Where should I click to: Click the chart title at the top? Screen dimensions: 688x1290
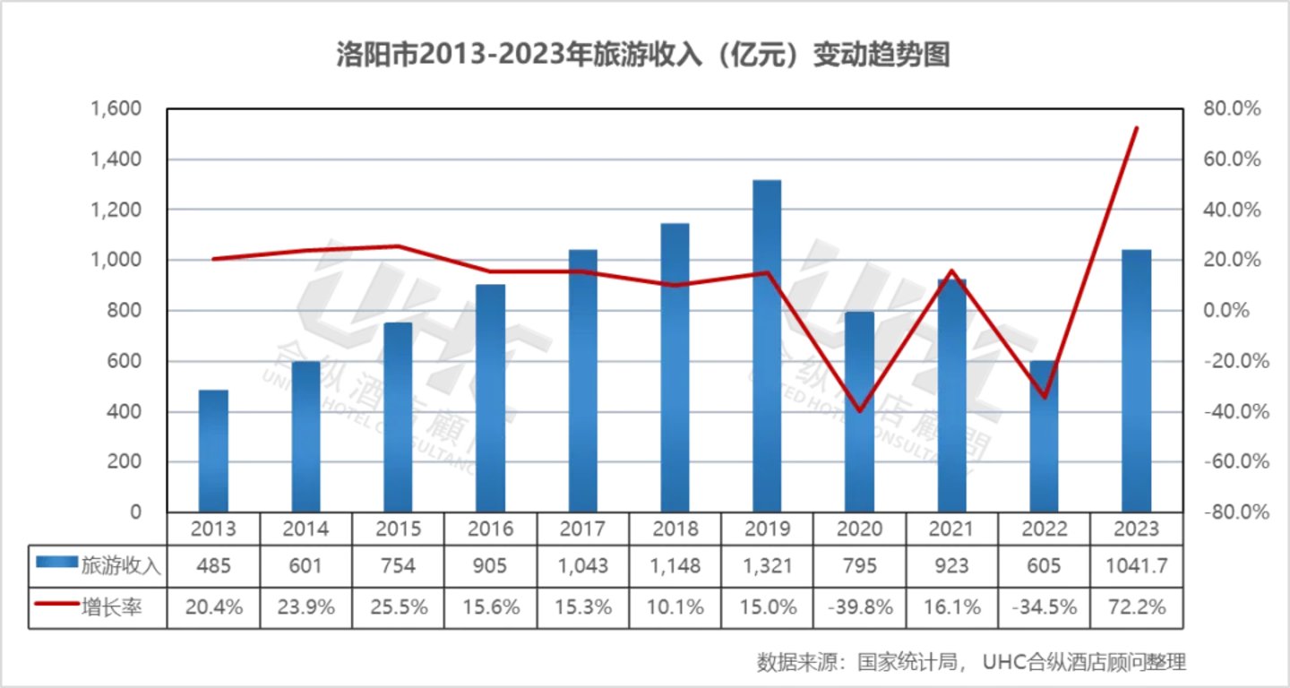tap(642, 56)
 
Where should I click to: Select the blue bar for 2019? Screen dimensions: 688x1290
tap(767, 346)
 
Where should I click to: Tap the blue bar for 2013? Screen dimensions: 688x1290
tap(213, 451)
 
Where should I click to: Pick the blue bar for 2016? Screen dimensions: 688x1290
tap(490, 398)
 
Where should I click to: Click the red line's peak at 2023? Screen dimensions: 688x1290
tap(1136, 128)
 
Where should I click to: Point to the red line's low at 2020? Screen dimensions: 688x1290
tap(860, 410)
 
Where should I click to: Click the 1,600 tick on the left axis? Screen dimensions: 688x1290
tap(116, 109)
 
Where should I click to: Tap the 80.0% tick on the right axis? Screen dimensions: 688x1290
tap(1232, 109)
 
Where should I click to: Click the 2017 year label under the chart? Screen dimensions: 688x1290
tap(582, 529)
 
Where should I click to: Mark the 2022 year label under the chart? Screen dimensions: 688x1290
tap(1045, 529)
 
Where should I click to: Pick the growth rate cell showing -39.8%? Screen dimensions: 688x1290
tap(860, 607)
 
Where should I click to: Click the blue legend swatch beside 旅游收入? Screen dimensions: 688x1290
tap(56, 565)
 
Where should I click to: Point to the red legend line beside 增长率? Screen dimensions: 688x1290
tap(56, 606)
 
